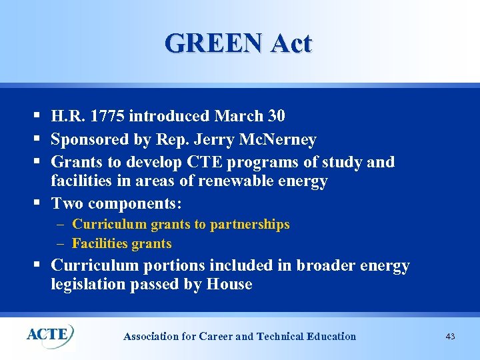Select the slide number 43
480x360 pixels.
(x=450, y=337)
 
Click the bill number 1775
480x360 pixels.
(x=107, y=116)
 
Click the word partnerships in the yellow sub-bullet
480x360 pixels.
(x=249, y=225)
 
